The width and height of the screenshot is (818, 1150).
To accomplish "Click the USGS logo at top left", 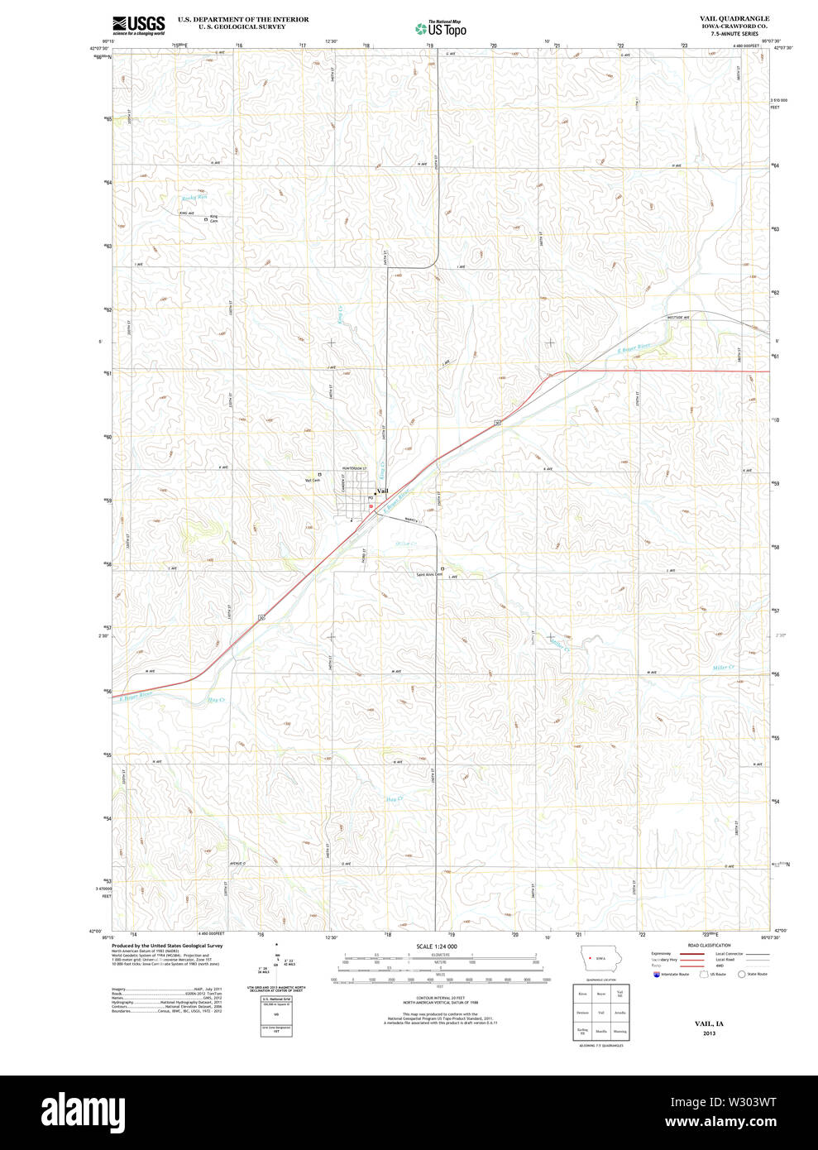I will pos(138,25).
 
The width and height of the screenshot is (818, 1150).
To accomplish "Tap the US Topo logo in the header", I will pos(442,28).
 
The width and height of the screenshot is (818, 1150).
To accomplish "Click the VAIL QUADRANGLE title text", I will pos(734,18).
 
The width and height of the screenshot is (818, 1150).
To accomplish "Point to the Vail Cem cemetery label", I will pos(312,480).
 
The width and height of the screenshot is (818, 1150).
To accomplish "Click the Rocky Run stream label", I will pos(195,198).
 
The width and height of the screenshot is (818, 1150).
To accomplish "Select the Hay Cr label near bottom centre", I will pos(394,798).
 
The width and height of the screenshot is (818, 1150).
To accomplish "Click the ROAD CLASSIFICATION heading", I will pos(709,945).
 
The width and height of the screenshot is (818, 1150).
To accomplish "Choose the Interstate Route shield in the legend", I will pos(657,975).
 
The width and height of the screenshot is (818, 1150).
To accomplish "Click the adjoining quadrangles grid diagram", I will pos(601,1012).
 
